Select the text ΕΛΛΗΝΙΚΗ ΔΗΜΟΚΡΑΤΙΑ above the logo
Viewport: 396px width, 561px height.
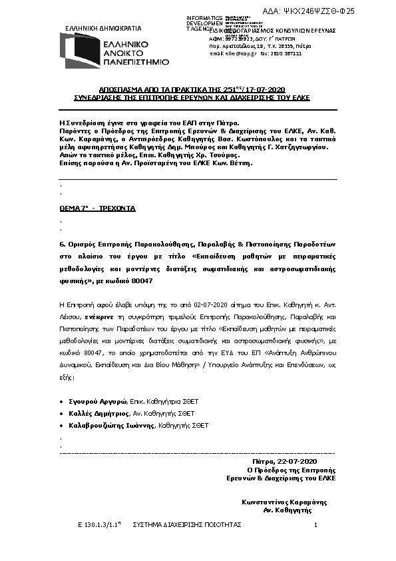[x=103, y=29]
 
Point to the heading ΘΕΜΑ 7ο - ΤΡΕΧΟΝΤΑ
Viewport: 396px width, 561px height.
[x=97, y=209]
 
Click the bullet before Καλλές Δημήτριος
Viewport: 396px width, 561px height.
[x=61, y=413]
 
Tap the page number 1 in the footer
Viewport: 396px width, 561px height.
[x=315, y=525]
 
